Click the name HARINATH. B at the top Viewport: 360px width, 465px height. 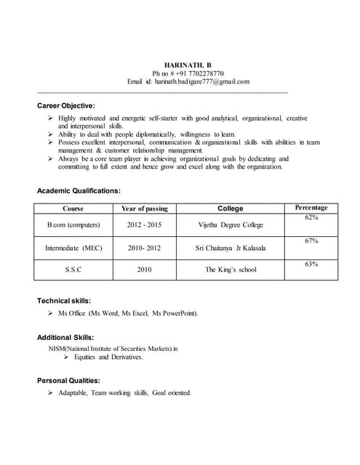pyautogui.click(x=188, y=65)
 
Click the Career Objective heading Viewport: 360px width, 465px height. pyautogui.click(x=66, y=106)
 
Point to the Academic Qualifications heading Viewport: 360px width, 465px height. pyautogui.click(x=79, y=191)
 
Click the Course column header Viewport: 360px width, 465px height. pyautogui.click(x=73, y=209)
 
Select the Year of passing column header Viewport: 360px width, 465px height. pyautogui.click(x=144, y=209)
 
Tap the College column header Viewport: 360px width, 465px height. pyautogui.click(x=231, y=209)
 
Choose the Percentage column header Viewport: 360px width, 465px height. pyautogui.click(x=311, y=208)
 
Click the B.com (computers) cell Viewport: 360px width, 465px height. pyautogui.click(x=73, y=225)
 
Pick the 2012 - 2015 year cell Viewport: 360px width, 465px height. pyautogui.click(x=144, y=225)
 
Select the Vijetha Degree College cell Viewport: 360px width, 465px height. pyautogui.click(x=231, y=225)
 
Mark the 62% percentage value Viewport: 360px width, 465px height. pyautogui.click(x=311, y=217)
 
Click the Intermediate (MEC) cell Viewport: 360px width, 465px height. pyautogui.click(x=73, y=248)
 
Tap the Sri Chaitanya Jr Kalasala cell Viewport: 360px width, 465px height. pyautogui.click(x=231, y=248)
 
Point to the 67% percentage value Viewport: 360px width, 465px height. pyautogui.click(x=311, y=240)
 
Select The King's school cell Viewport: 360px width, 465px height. pyautogui.click(x=231, y=270)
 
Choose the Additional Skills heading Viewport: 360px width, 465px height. pyautogui.click(x=66, y=337)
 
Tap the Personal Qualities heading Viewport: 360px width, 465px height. pyautogui.click(x=68, y=380)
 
